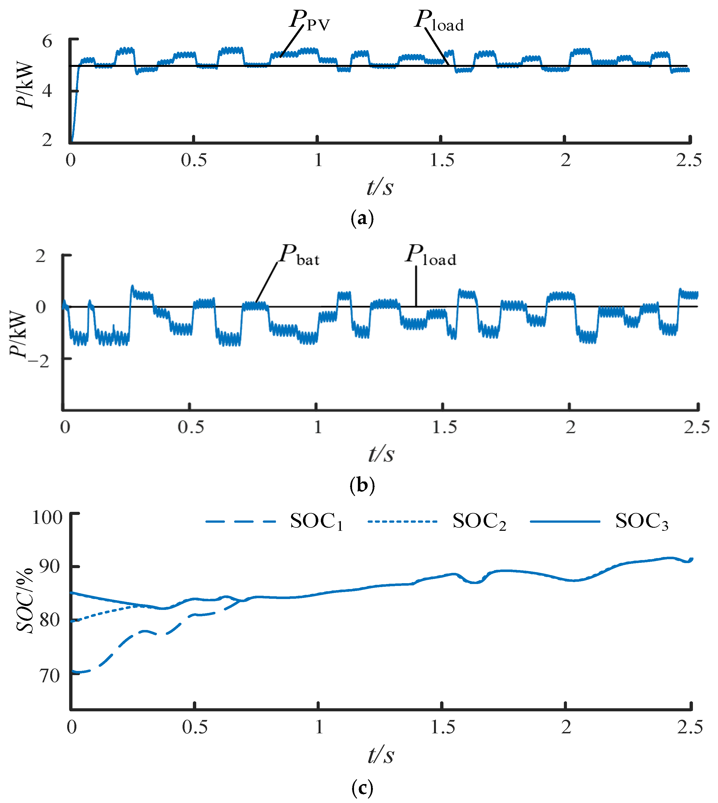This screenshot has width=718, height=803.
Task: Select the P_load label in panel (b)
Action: (431, 256)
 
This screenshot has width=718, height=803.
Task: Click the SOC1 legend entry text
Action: (316, 522)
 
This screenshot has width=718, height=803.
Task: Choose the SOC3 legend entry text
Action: (642, 522)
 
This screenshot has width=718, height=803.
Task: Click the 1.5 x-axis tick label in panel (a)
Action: (442, 160)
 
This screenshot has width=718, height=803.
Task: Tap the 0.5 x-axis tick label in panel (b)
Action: (191, 427)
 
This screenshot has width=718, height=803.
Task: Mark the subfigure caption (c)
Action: (362, 788)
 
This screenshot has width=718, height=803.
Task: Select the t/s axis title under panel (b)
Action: (381, 454)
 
